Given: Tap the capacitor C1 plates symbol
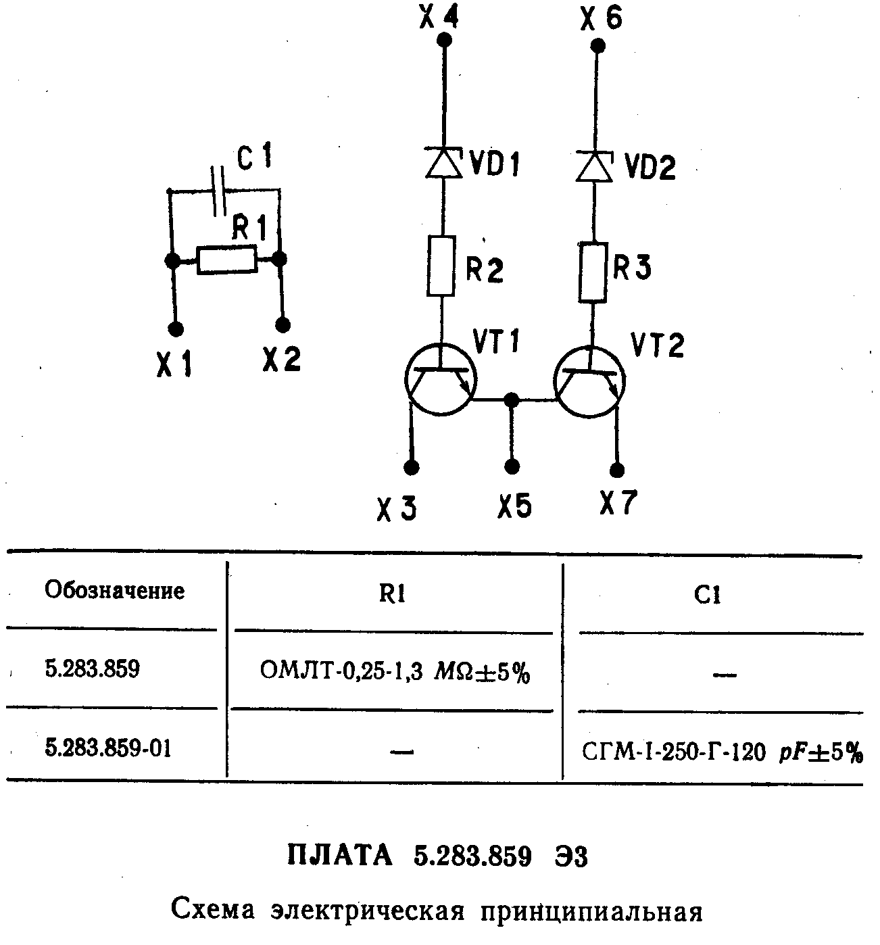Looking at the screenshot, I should point(218,191).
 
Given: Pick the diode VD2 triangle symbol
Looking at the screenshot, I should point(593,166).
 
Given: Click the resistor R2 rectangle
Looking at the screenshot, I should point(441,266).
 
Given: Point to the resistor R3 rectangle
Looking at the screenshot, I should point(592,272).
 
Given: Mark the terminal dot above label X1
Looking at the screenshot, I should point(176,329).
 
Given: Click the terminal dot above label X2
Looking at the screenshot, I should point(285,324).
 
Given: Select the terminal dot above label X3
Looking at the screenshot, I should point(411,468).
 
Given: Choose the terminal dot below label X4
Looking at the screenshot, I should point(444,41).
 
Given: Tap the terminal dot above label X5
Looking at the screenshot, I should point(512,466).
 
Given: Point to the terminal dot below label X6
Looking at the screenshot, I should point(597,46).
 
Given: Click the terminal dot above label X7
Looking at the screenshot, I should point(617,470).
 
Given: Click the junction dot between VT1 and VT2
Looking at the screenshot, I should point(512,399).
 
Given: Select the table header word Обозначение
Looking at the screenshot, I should point(114,590).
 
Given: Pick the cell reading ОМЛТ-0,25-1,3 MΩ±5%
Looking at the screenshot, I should point(394,672).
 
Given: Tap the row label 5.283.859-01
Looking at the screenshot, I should point(107,748).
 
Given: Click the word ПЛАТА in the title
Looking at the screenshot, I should point(340,856).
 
